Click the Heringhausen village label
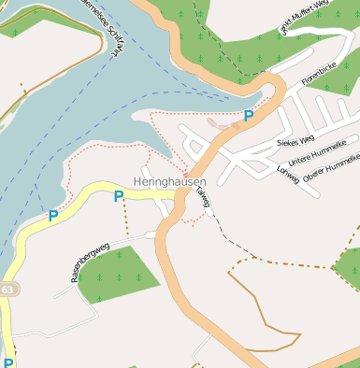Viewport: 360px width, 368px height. click(x=169, y=180)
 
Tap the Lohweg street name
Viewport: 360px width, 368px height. click(x=288, y=170)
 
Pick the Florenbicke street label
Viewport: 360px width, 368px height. click(x=318, y=89)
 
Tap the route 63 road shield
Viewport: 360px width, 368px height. click(x=6, y=290)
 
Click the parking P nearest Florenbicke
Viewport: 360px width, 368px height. click(x=248, y=116)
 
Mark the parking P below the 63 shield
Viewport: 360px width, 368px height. click(x=8, y=362)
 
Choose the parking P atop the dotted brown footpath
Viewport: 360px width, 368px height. click(x=118, y=196)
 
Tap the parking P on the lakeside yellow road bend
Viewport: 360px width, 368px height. click(x=52, y=216)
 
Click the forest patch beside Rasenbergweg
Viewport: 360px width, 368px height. click(x=117, y=275)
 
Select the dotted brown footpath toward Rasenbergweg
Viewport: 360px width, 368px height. click(x=126, y=219)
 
